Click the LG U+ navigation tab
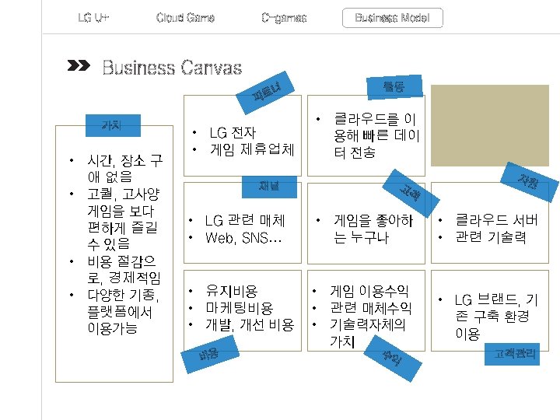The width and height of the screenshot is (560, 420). [x=93, y=18]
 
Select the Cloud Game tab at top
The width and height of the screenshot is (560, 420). [x=185, y=18]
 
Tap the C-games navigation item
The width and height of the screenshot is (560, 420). [x=284, y=18]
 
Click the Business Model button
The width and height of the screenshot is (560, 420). [x=392, y=18]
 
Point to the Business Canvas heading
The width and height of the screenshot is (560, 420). [x=172, y=68]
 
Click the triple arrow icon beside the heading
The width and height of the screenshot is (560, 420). [x=79, y=66]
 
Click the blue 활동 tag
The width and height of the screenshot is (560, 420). [x=393, y=88]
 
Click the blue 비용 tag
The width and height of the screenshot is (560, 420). [x=207, y=356]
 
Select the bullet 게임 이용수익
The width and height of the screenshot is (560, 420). [x=370, y=291]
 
